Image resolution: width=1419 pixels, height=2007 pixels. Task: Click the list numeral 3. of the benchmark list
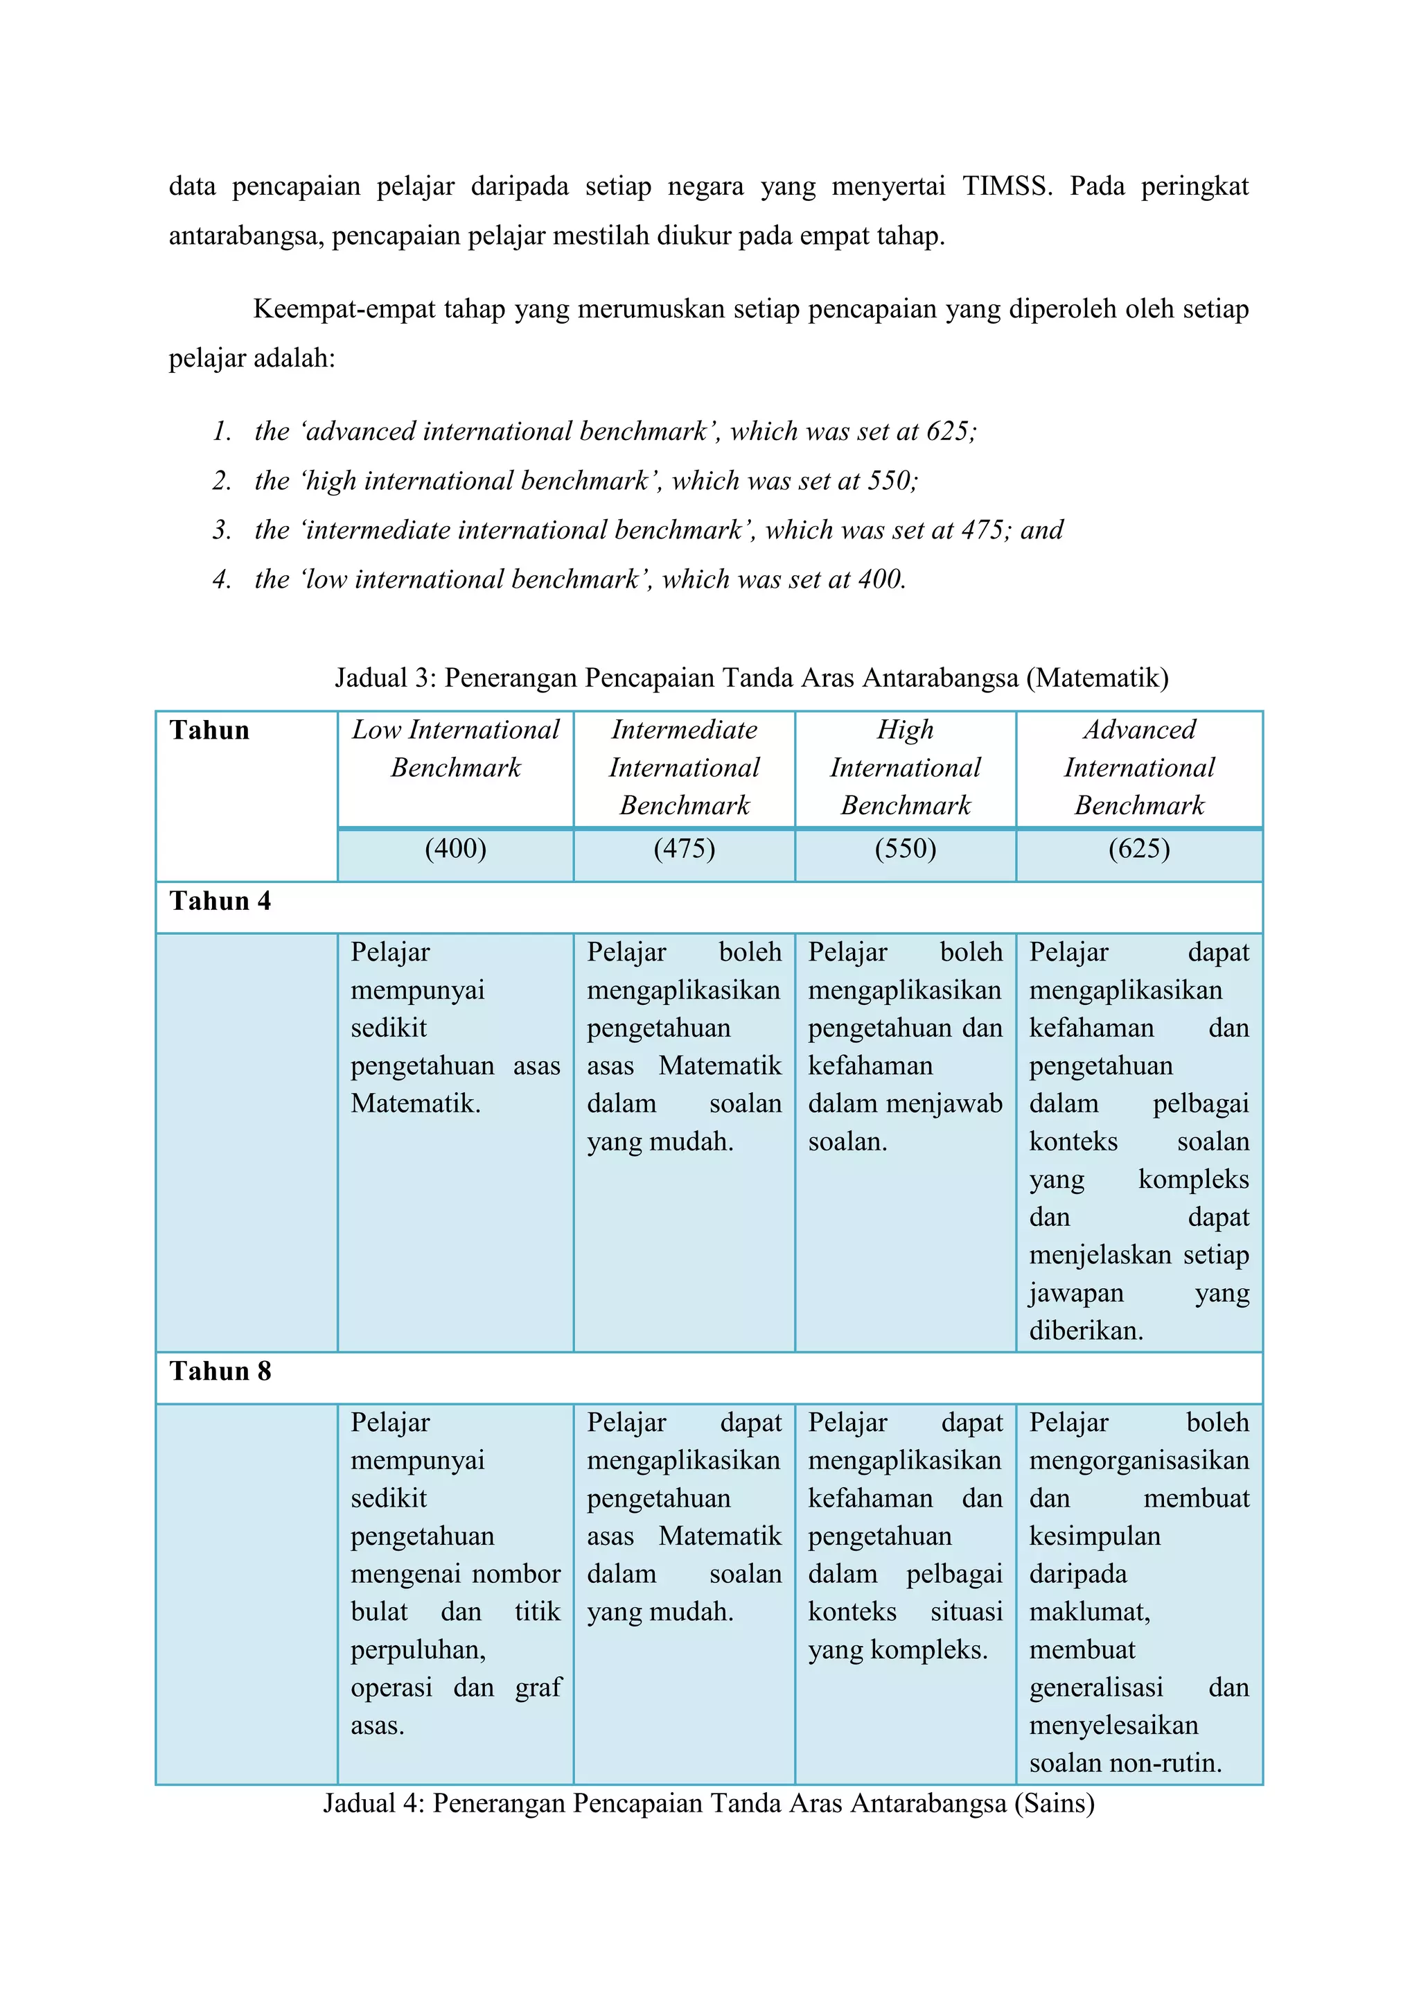[222, 529]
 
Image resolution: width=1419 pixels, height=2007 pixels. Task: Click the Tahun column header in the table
[210, 730]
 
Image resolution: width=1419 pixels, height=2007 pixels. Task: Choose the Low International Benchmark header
[455, 748]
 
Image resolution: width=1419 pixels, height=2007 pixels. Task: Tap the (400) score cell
[455, 849]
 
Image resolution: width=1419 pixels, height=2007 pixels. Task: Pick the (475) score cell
[684, 849]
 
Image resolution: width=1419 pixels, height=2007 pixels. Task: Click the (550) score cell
[905, 849]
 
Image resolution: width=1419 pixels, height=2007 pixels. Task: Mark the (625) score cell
[1138, 849]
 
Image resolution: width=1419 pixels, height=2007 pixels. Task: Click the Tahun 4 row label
[220, 901]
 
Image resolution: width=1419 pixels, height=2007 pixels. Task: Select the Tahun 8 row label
[220, 1371]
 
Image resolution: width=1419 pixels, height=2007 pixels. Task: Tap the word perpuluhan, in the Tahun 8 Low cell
[418, 1649]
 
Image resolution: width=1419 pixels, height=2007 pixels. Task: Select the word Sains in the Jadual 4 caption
[1054, 1803]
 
